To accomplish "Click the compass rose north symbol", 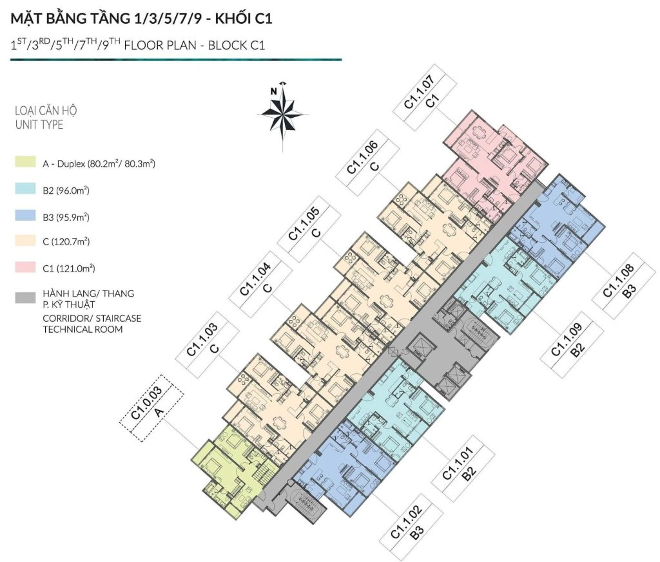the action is (282, 113).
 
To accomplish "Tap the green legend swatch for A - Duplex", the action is (25, 162).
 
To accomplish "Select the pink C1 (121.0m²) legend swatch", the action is (25, 267).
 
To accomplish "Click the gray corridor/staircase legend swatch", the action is (25, 298).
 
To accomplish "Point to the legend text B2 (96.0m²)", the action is (66, 191).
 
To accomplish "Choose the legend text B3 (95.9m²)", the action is (66, 218).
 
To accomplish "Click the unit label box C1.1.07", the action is (425, 97).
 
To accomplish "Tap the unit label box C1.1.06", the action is (367, 162).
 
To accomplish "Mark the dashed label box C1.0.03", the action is (151, 407).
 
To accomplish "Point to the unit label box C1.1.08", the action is (624, 285).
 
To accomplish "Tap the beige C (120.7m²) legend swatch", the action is (25, 240).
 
